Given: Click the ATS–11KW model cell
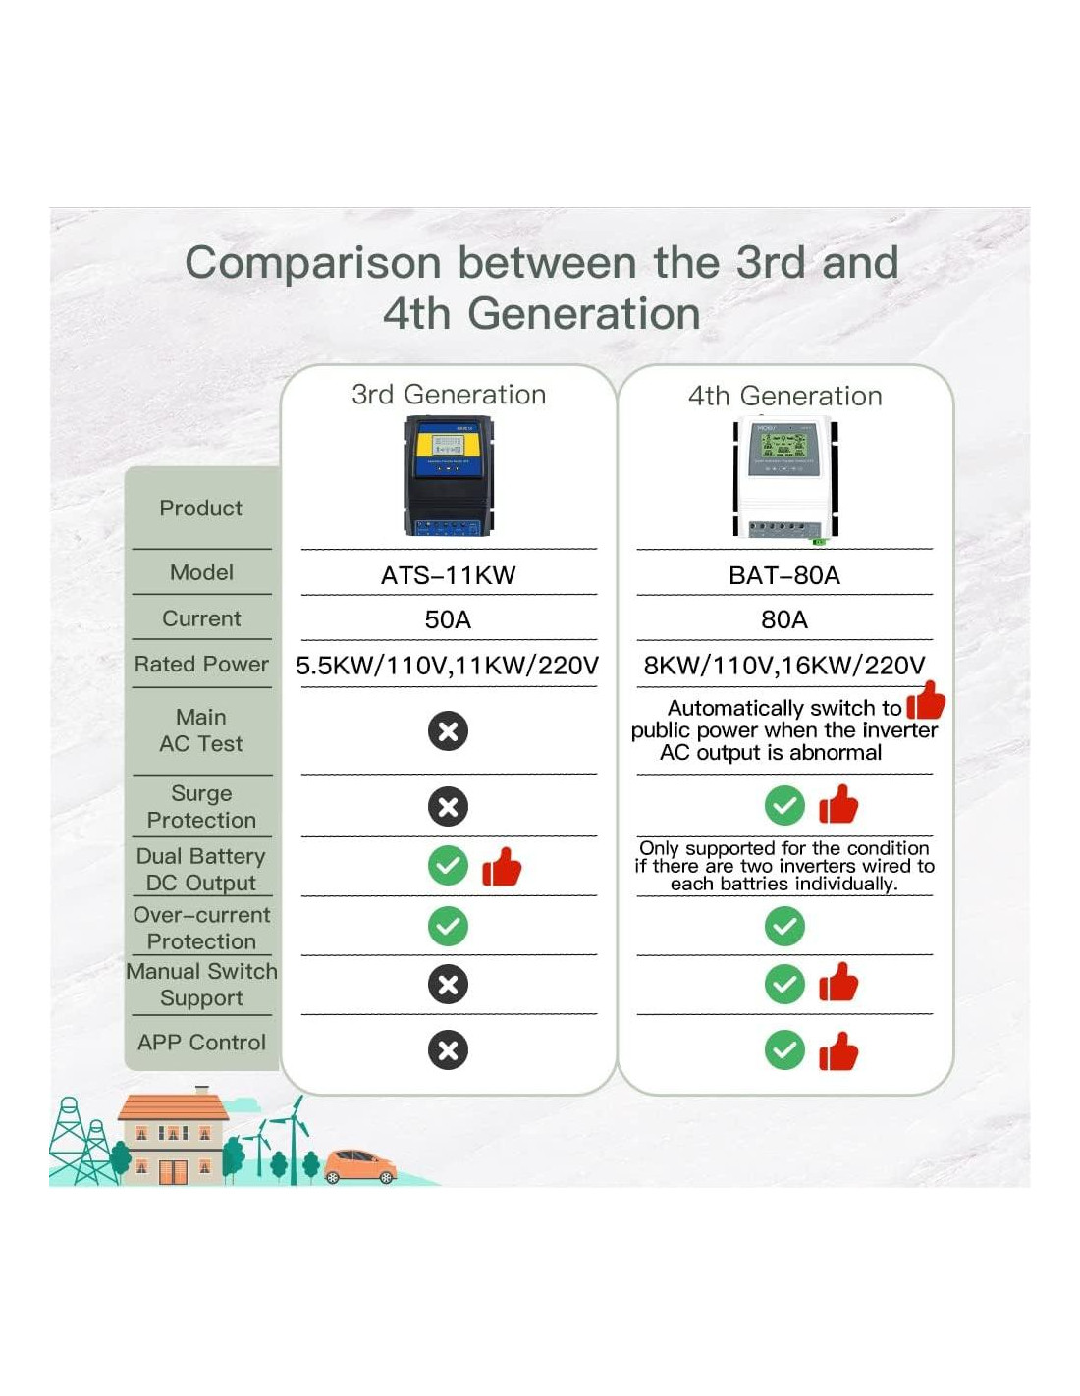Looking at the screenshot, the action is click(448, 575).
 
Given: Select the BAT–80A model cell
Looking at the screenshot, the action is click(783, 575).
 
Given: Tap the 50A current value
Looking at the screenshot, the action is click(448, 619).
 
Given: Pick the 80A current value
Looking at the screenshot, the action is click(783, 619).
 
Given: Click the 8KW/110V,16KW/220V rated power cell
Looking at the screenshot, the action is click(783, 666).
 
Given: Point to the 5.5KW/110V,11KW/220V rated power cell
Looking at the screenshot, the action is click(447, 666).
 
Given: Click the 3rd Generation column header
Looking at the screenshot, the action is click(449, 395).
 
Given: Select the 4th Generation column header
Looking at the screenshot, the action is click(785, 396).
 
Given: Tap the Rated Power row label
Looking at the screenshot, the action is click(201, 664).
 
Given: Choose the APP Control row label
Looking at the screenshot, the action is click(201, 1042).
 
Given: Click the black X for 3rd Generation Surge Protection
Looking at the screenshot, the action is click(448, 806).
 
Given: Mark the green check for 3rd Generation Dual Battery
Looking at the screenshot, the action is click(448, 865).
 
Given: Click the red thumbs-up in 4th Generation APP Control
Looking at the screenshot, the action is click(838, 1051).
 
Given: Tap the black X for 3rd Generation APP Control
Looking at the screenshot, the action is click(448, 1050).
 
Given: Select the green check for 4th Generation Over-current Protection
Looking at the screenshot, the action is click(784, 926).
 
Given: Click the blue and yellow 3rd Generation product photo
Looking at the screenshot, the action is click(449, 476).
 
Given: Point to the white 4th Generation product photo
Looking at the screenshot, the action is click(785, 479).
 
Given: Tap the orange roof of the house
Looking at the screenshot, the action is click(174, 1107).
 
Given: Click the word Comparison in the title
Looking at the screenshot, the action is click(313, 263).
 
